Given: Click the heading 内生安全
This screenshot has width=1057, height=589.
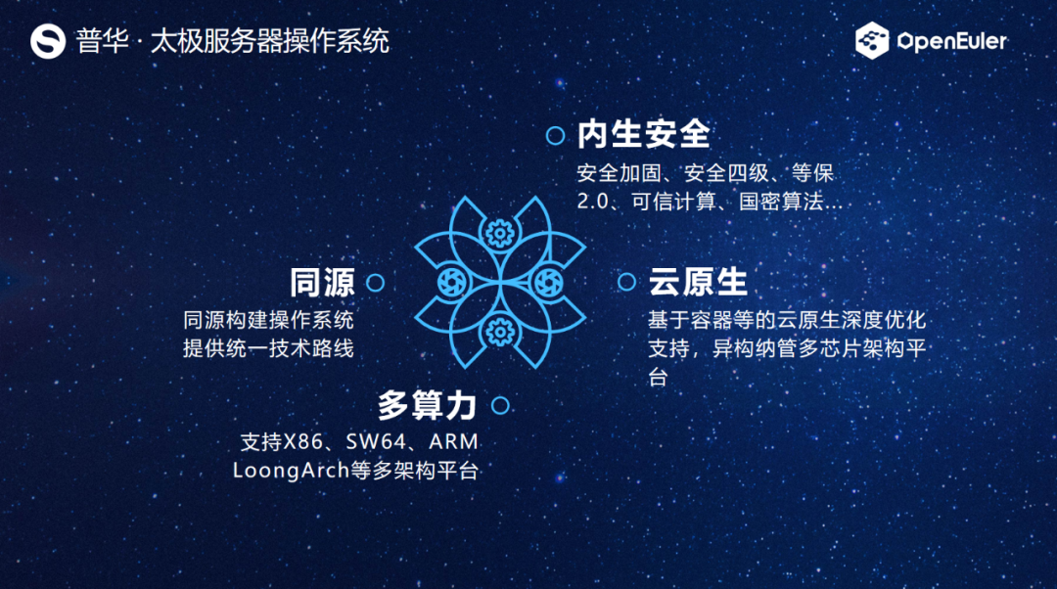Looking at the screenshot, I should point(643,134).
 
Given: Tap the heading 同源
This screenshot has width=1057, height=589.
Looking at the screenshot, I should point(322,282).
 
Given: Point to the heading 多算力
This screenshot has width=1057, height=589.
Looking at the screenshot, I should point(427,405).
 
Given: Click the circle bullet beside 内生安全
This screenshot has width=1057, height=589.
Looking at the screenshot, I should point(556,135).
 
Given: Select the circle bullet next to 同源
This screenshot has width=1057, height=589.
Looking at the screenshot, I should point(375,283).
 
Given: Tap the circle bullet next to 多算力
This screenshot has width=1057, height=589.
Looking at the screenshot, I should point(499,405).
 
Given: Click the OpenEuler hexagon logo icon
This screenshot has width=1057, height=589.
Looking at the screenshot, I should point(872,41).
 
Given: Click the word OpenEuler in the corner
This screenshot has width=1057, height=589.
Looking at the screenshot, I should point(952,41).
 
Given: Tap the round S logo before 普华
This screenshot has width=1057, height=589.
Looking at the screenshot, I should point(48,41).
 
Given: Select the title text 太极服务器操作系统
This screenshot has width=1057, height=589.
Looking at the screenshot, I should point(269,41).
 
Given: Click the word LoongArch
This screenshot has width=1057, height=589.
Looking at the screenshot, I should point(291,470).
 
